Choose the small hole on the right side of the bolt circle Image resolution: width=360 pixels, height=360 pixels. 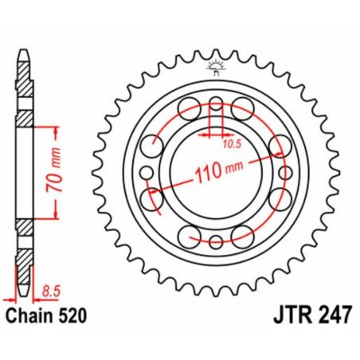point(284,171)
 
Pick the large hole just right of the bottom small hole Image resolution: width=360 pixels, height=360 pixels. point(241,235)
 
